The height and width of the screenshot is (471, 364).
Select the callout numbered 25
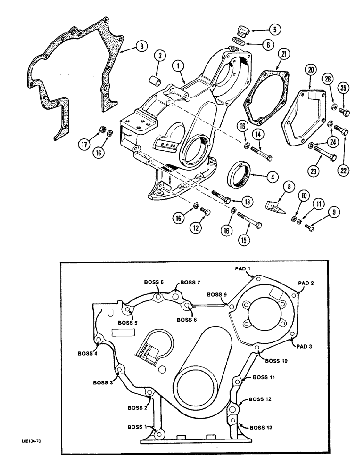[344, 88]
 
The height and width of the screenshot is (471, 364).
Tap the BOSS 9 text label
[217, 295]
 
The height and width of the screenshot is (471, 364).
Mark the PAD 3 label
[304, 346]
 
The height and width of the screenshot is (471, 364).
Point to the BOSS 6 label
[154, 282]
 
